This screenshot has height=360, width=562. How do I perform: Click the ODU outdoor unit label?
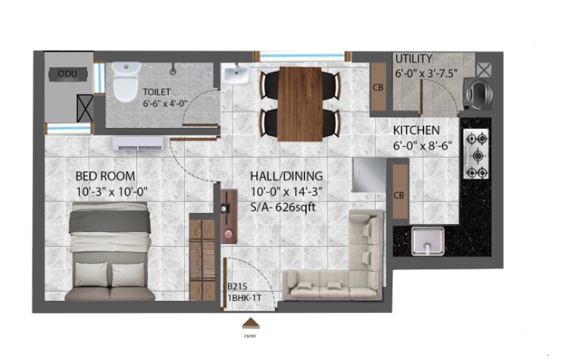point(67,74)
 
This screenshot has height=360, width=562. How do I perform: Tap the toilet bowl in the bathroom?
point(126,82)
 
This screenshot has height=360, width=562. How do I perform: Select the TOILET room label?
point(157,92)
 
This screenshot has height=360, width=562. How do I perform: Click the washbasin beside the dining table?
point(236,74)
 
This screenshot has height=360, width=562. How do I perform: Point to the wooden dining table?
point(300,104)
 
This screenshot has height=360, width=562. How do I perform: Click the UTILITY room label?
point(414,58)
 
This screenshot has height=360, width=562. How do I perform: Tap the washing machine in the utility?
point(477,94)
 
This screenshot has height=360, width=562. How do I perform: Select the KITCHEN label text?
point(417,130)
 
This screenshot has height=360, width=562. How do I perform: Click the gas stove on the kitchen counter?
point(476,153)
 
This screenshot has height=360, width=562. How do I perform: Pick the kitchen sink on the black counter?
point(428,241)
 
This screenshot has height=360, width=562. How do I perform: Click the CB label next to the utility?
point(378,87)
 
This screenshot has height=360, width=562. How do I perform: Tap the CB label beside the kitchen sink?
point(399,196)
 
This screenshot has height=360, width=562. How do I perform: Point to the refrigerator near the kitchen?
point(369,175)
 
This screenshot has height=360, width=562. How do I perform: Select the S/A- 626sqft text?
point(283,207)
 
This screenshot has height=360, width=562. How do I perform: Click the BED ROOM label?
point(105,176)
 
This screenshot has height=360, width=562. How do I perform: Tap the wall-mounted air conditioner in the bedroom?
point(138,143)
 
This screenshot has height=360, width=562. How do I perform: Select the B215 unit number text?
point(237,286)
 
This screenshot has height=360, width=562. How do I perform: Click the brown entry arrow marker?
point(251,323)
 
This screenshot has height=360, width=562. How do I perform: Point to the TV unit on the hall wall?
point(229,217)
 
